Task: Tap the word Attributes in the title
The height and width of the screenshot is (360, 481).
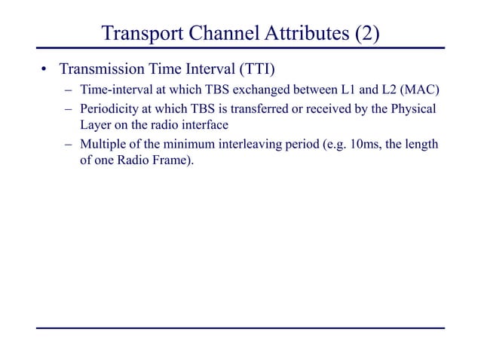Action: (302, 34)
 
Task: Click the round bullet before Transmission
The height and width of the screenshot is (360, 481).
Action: (44, 72)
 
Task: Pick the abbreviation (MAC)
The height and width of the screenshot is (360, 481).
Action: (418, 92)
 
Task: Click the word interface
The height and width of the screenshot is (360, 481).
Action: (201, 124)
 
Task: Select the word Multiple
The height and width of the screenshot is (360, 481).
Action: (103, 144)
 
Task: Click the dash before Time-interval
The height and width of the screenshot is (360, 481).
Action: (68, 92)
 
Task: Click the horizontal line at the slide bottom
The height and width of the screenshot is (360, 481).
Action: (240, 328)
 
